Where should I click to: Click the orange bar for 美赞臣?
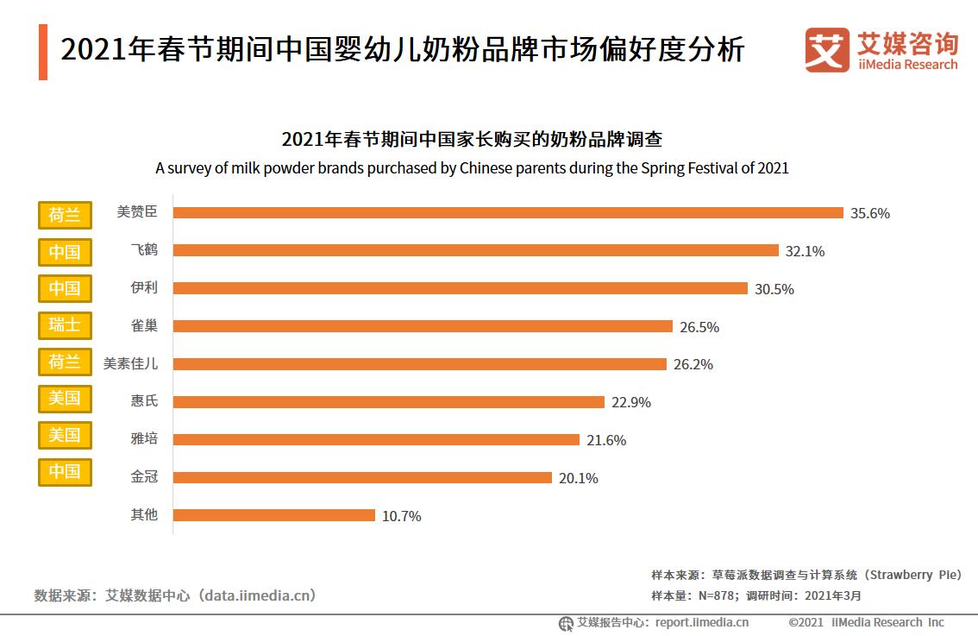click(508, 212)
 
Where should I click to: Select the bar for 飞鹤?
click(476, 250)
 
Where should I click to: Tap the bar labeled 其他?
click(274, 515)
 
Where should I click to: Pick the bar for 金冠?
click(362, 477)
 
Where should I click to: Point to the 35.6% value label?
click(870, 213)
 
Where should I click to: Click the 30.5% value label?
click(774, 289)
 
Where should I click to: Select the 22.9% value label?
click(631, 402)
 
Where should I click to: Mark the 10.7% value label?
click(402, 516)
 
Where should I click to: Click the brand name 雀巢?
click(144, 325)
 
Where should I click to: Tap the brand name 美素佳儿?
click(130, 363)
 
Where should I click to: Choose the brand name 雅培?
click(144, 438)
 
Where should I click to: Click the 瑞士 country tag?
click(65, 325)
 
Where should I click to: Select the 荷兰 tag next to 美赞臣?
click(65, 214)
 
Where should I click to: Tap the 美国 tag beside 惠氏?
click(65, 399)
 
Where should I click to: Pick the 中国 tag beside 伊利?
click(65, 288)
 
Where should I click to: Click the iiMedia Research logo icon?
click(826, 50)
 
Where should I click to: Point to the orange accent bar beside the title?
click(43, 52)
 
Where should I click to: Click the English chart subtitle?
click(472, 167)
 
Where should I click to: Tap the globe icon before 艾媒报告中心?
click(566, 623)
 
